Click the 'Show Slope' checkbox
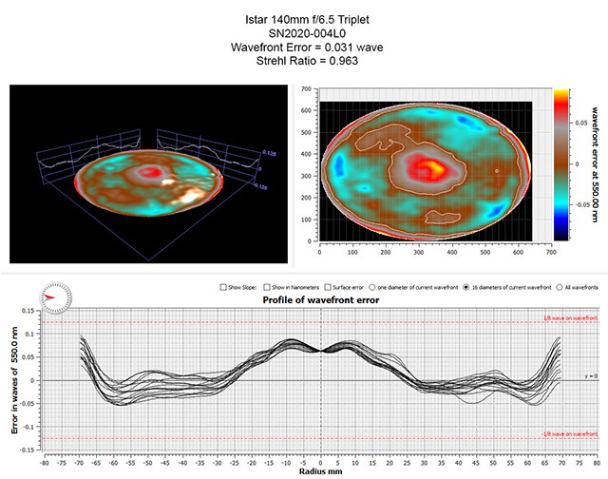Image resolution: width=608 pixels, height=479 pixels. tap(222, 286)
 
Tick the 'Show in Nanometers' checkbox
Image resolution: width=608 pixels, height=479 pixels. tap(276, 286)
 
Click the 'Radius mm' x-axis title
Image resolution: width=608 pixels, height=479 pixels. tap(319, 469)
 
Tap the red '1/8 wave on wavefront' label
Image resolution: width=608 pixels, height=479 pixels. tap(566, 318)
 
